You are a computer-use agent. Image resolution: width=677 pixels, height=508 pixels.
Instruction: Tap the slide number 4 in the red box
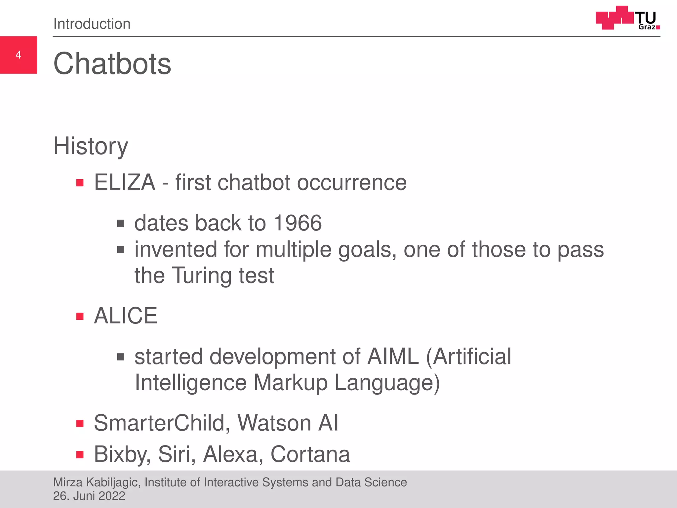click(x=19, y=55)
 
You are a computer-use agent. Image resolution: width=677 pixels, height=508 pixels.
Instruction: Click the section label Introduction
click(x=92, y=24)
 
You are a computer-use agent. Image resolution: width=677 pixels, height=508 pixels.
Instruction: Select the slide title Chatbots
click(x=112, y=64)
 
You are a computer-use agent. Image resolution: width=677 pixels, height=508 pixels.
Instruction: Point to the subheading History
click(x=91, y=146)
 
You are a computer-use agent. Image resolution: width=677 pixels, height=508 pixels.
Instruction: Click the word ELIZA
click(x=125, y=182)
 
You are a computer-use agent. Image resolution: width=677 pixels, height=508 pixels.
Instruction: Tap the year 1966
click(x=298, y=223)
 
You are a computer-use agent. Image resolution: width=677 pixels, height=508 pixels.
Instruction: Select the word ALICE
click(x=126, y=316)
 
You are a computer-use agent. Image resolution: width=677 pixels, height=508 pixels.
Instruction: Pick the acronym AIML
click(x=393, y=357)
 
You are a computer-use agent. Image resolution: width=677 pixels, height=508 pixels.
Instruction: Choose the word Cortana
click(x=310, y=454)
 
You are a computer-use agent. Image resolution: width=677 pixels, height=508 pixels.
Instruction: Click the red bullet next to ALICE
click(x=80, y=317)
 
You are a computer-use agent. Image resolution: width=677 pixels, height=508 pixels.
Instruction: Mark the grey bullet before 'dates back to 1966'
click(x=121, y=224)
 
